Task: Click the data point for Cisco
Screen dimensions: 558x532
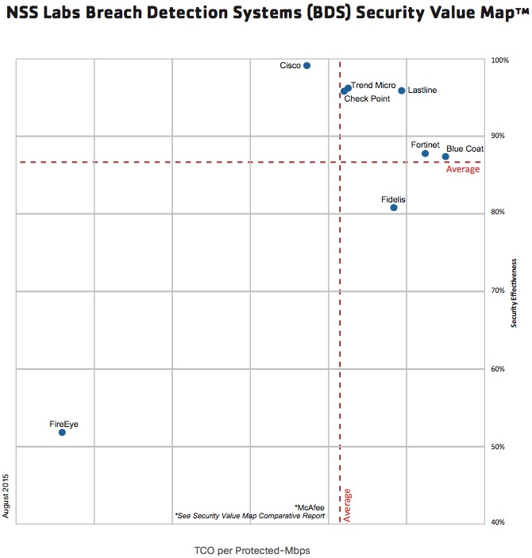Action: (307, 66)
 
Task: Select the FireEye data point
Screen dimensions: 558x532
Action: (62, 433)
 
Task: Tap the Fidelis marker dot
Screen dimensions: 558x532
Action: (394, 208)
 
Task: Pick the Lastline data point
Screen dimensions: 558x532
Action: (402, 90)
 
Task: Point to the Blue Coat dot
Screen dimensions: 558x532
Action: (445, 156)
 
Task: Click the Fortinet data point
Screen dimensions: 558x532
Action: (426, 153)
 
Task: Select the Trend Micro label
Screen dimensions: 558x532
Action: (373, 85)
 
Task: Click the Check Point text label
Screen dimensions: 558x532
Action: (367, 98)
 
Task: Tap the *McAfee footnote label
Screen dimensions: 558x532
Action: (309, 506)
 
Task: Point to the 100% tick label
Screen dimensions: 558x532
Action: (499, 60)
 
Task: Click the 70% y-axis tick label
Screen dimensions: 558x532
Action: (499, 291)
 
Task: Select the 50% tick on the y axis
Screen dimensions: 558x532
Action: (499, 447)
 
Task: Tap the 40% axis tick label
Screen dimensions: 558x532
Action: (499, 521)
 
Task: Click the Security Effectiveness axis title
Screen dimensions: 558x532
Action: (515, 292)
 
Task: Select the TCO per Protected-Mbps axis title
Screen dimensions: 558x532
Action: (252, 550)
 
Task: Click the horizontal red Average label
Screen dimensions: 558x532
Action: (463, 170)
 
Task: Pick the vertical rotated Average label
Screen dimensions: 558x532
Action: (348, 505)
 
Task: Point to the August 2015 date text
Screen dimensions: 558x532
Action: (6, 496)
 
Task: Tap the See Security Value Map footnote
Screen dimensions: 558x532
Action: (250, 516)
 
